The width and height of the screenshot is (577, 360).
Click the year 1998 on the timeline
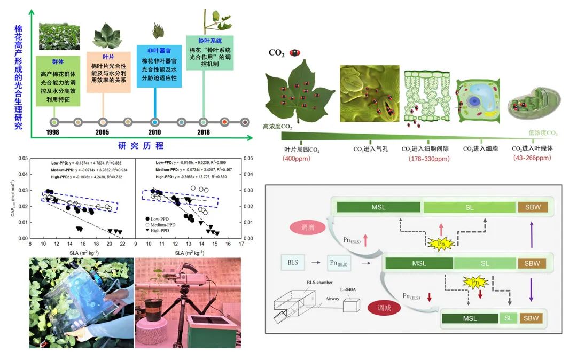(x=53, y=132)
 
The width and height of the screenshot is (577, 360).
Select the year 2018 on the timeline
(x=203, y=132)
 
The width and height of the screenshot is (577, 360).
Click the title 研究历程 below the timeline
(x=141, y=145)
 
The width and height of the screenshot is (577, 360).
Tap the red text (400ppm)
(x=299, y=158)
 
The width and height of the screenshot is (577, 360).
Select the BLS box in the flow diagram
(x=293, y=263)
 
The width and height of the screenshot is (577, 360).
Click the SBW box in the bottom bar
(x=531, y=318)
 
